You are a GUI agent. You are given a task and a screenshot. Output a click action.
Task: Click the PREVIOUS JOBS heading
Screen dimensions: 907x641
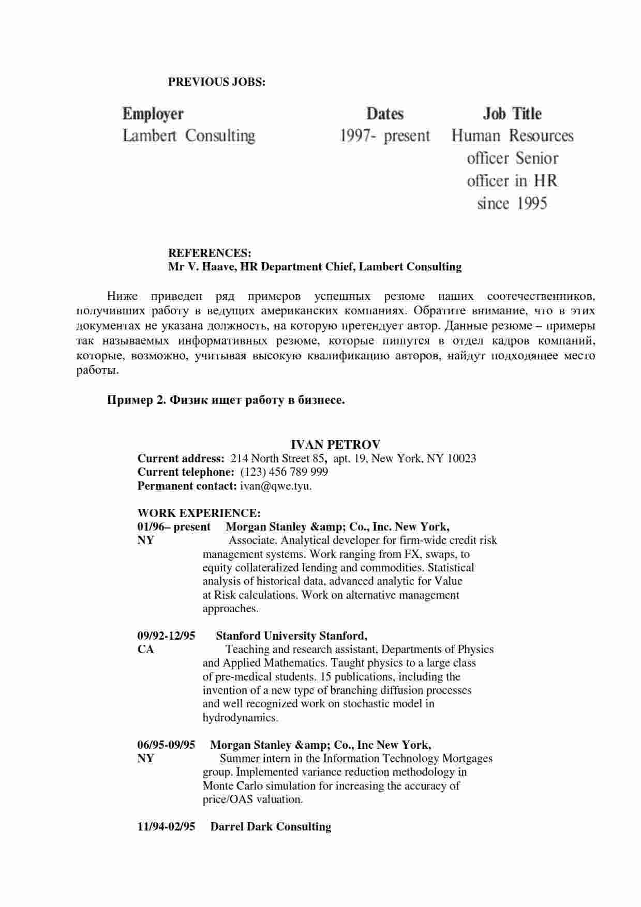(216, 82)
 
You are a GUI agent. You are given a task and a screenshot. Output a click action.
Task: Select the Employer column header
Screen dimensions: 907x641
(153, 114)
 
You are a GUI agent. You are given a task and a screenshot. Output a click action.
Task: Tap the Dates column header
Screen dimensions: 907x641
(385, 114)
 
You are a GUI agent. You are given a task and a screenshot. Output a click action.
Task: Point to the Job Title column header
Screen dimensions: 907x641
(512, 114)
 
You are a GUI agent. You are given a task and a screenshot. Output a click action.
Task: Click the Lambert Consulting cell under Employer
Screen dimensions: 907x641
(189, 136)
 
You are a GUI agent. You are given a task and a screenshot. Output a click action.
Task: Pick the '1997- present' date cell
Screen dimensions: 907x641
(385, 136)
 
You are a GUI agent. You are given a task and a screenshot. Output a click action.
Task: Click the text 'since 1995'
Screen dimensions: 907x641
(512, 203)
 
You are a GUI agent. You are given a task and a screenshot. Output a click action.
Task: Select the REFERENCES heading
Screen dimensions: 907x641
(210, 253)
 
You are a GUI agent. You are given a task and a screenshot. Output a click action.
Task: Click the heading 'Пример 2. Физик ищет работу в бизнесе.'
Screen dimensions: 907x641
(226, 400)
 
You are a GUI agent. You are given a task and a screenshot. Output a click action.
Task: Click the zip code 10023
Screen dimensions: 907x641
(461, 458)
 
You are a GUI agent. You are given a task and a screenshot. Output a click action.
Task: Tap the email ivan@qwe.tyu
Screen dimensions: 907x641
(276, 486)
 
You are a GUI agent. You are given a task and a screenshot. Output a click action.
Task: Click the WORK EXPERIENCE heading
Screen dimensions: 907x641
(199, 513)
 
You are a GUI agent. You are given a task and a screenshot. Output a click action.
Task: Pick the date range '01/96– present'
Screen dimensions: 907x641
(174, 527)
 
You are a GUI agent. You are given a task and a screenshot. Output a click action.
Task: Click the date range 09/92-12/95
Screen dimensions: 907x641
(166, 636)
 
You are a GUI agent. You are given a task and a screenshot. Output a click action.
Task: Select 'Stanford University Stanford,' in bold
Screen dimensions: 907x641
(291, 636)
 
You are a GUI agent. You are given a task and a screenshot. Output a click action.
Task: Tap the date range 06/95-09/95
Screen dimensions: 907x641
(166, 745)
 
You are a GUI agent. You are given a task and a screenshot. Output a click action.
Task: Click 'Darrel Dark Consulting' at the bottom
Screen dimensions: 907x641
(271, 827)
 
